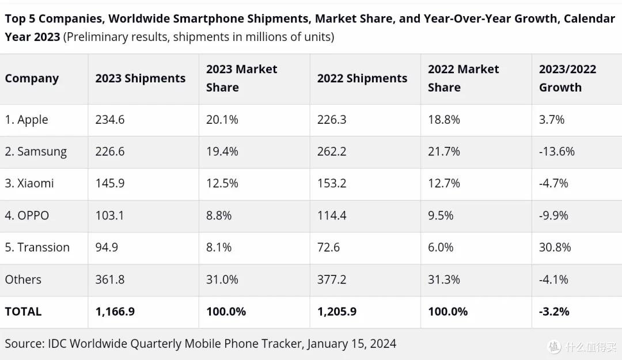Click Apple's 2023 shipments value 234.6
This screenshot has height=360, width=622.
click(110, 119)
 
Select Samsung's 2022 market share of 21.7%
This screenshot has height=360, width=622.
click(444, 151)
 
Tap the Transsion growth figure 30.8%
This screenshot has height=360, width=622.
click(555, 247)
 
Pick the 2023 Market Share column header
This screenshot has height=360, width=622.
click(241, 78)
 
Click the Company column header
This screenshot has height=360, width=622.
click(32, 78)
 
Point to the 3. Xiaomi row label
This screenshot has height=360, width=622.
click(29, 183)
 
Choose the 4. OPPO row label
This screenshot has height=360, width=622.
click(27, 215)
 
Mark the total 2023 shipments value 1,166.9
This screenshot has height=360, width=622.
click(115, 312)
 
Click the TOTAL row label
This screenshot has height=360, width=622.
click(23, 312)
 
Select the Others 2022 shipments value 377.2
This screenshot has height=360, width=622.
click(332, 279)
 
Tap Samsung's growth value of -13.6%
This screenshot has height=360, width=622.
click(557, 151)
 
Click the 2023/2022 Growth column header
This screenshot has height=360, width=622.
click(568, 78)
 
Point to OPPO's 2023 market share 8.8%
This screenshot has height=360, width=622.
click(219, 215)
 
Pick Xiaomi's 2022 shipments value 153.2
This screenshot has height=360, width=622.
click(332, 183)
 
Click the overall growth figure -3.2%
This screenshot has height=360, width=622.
click(554, 312)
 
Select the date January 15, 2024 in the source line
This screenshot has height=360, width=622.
click(351, 344)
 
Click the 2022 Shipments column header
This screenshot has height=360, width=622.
click(362, 78)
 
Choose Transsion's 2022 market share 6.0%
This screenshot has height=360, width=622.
click(441, 247)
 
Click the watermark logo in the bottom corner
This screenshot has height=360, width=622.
click(555, 347)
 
